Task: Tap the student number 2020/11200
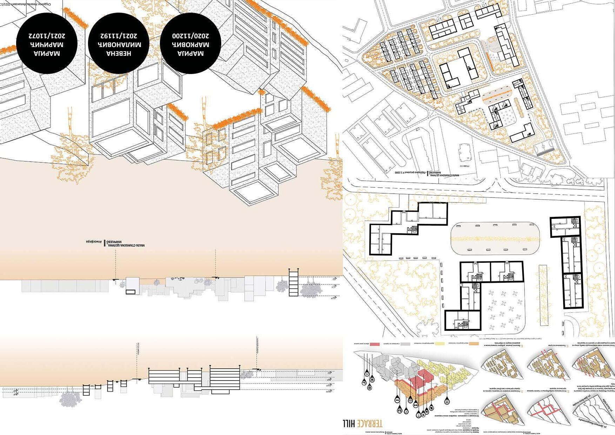point(190,36)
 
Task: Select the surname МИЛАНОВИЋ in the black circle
point(119,45)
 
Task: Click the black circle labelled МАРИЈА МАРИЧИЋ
point(47,43)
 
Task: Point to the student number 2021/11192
point(119,36)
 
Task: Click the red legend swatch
point(376,344)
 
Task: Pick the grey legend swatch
point(407,344)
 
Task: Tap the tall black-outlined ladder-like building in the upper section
point(293,282)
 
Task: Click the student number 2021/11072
point(47,36)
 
